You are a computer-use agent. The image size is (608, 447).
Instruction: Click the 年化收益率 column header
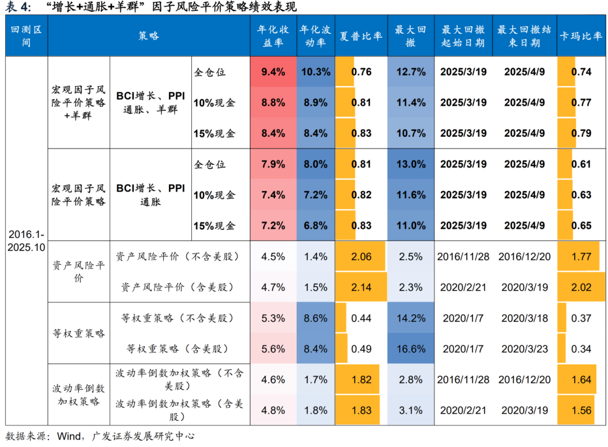click(273, 35)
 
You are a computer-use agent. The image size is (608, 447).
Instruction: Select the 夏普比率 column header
click(361, 35)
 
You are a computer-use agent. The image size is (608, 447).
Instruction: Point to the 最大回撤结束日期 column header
click(524, 35)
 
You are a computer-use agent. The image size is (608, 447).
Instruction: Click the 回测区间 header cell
click(26, 35)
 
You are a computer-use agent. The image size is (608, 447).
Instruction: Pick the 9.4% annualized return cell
click(273, 72)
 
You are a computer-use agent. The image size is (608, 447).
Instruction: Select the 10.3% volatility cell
click(315, 72)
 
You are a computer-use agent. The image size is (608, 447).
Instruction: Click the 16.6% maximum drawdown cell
click(410, 349)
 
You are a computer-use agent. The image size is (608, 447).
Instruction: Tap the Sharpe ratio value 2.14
click(361, 287)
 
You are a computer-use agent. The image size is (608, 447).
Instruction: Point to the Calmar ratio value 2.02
click(581, 287)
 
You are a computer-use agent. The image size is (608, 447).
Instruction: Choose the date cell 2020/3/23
click(524, 349)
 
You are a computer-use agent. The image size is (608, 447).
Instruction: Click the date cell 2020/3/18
click(524, 318)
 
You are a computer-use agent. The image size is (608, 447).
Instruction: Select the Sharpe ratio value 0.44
click(361, 318)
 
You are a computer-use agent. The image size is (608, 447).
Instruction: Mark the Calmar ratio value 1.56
click(581, 410)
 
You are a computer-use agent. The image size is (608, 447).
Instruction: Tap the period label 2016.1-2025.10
click(26, 241)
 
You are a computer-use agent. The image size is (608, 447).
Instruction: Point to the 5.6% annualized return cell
click(273, 349)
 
